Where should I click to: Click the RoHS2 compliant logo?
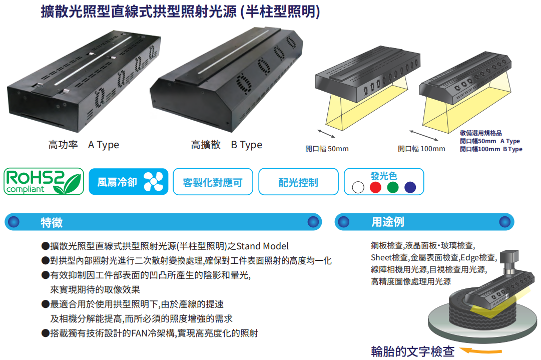pyautogui.click(x=44, y=181)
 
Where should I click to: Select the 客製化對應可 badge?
pyautogui.click(x=213, y=182)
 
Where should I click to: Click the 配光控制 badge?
pyautogui.click(x=298, y=182)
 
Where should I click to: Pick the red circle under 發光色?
pyautogui.click(x=375, y=187)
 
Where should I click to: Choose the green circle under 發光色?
pyautogui.click(x=393, y=187)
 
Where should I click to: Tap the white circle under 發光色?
pyautogui.click(x=358, y=187)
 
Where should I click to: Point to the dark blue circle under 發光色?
pyautogui.click(x=410, y=187)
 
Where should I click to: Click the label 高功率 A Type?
pyautogui.click(x=84, y=145)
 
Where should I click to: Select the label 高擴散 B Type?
pyautogui.click(x=226, y=145)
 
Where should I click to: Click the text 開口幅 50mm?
pyautogui.click(x=327, y=149)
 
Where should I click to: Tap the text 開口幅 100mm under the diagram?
pyautogui.click(x=421, y=149)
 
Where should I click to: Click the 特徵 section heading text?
pyautogui.click(x=52, y=222)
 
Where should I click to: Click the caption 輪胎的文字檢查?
pyautogui.click(x=412, y=351)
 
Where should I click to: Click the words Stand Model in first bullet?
pyautogui.click(x=262, y=246)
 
